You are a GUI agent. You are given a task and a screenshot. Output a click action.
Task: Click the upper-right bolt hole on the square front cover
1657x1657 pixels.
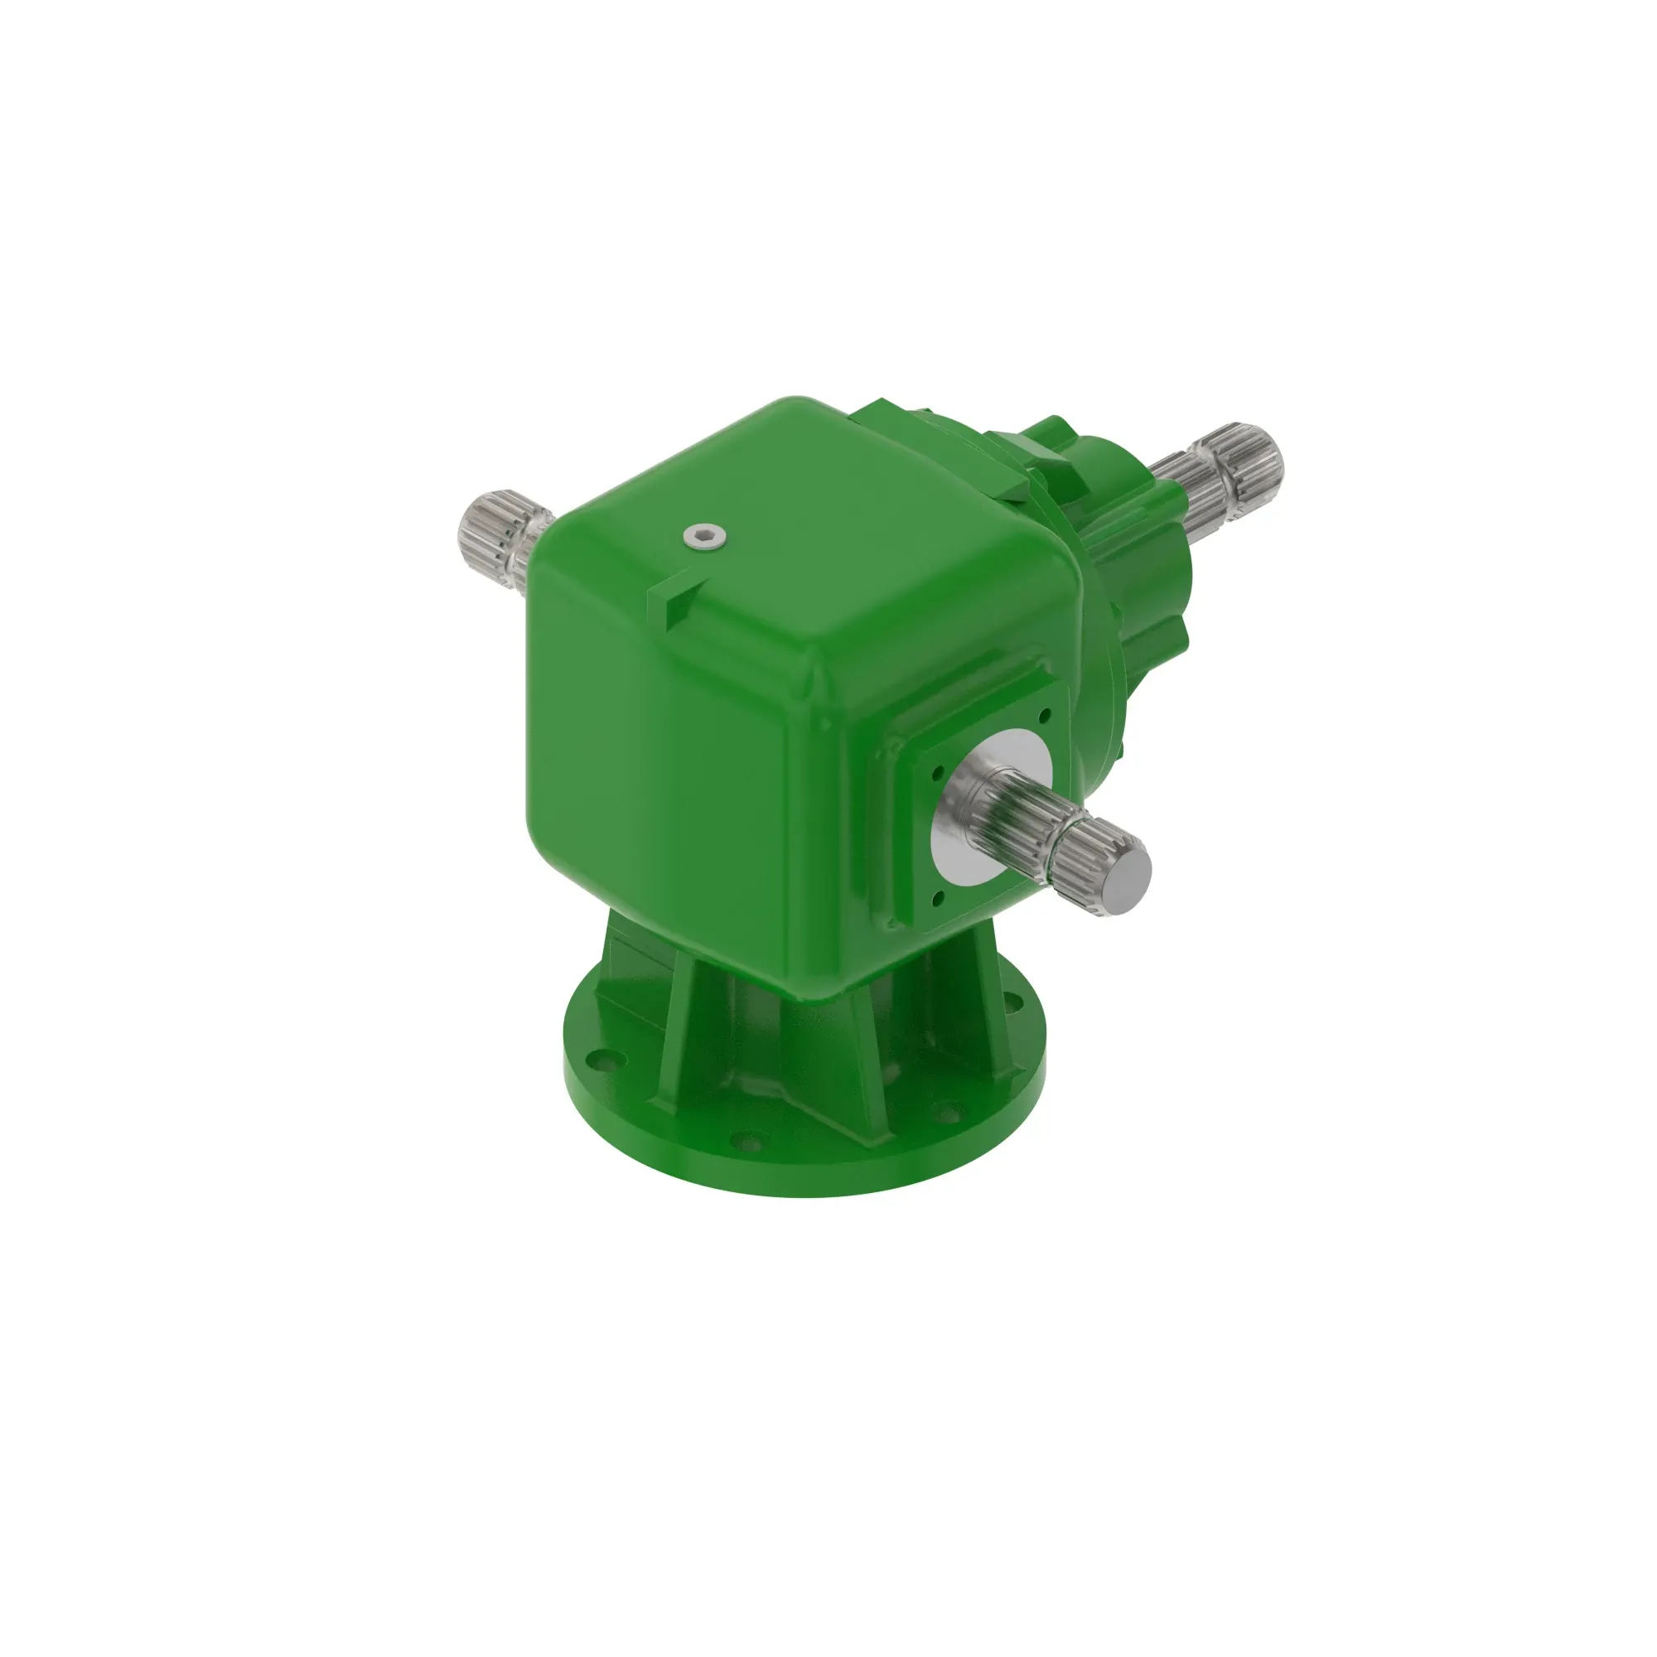(1044, 713)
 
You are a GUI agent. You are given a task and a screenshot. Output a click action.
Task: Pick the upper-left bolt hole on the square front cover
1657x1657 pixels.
(935, 771)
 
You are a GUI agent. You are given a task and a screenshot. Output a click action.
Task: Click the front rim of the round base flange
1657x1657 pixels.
(806, 1179)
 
